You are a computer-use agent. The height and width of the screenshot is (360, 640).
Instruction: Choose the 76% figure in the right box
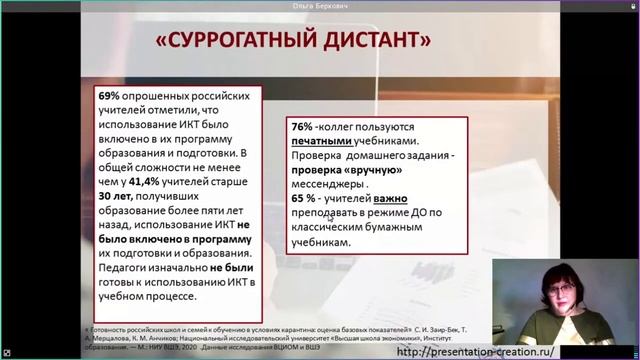pos(301,128)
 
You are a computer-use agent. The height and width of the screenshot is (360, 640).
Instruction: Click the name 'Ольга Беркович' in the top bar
pos(320,6)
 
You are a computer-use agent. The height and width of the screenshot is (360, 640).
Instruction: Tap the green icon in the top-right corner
pos(631,6)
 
